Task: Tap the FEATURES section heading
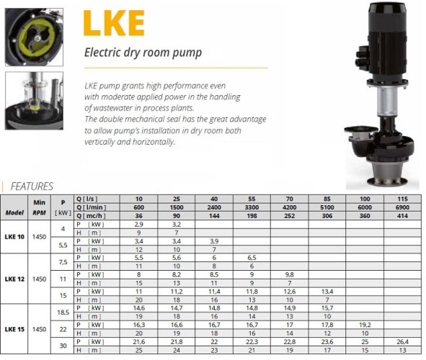[32, 186]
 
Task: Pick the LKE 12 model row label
[16, 279]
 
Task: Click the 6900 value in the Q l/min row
[401, 207]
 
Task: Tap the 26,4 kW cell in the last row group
[401, 341]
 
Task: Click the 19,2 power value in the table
[364, 325]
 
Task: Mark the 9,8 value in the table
[289, 274]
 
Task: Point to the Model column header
[16, 214]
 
